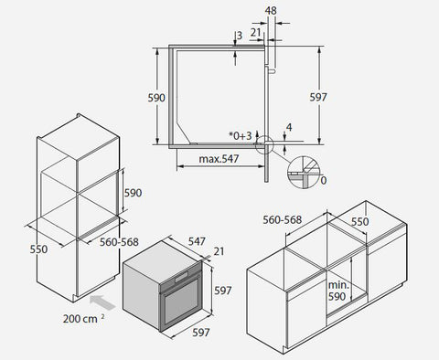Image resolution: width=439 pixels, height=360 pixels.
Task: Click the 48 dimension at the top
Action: click(x=271, y=11)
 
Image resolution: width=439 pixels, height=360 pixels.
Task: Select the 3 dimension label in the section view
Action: click(x=240, y=36)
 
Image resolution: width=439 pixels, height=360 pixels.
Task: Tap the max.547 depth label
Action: click(x=219, y=159)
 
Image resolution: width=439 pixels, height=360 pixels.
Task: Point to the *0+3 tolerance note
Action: click(x=241, y=136)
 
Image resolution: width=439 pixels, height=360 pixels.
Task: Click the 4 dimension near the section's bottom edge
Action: click(x=289, y=127)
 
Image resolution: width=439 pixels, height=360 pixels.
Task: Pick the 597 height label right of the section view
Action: click(x=318, y=97)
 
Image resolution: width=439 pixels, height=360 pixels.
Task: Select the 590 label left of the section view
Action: click(x=156, y=98)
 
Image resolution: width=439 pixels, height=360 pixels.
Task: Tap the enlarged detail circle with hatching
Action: click(x=304, y=172)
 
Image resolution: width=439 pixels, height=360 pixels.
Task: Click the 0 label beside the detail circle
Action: click(x=324, y=180)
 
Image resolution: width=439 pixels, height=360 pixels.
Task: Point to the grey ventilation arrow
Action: click(x=103, y=302)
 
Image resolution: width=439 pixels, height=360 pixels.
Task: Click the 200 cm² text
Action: click(x=84, y=319)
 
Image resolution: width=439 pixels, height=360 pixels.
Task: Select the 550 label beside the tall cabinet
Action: click(x=38, y=249)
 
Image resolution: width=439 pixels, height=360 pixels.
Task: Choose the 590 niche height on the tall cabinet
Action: click(x=133, y=193)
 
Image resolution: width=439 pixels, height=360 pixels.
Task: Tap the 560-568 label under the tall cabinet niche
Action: click(x=119, y=242)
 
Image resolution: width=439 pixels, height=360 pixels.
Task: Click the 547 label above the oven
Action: click(x=197, y=241)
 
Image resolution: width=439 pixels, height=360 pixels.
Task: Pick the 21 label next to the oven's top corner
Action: click(x=219, y=251)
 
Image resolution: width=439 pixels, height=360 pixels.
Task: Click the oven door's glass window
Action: click(x=182, y=302)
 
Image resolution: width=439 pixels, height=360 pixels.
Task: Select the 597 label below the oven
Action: click(x=201, y=333)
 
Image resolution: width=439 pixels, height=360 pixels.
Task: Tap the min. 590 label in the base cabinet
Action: click(x=337, y=291)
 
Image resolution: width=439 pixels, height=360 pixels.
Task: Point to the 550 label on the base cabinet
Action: click(x=360, y=222)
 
